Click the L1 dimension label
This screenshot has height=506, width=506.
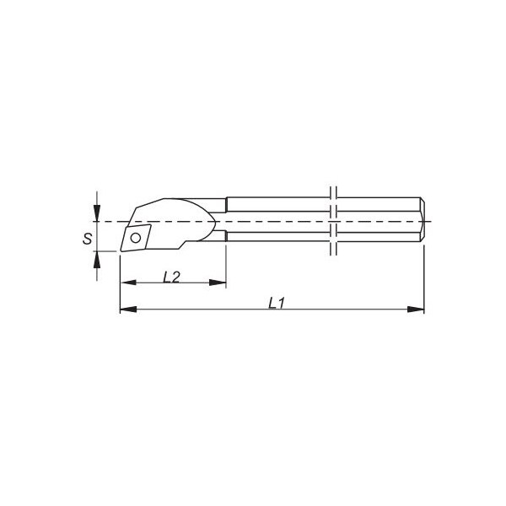[277, 303]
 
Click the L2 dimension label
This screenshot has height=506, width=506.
[171, 277]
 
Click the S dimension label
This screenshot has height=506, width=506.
[87, 239]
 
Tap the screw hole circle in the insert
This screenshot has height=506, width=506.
[136, 239]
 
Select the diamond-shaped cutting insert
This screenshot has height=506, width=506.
[136, 238]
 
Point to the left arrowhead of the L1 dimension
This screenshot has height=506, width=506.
[128, 310]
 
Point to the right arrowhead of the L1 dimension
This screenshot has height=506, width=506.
[416, 310]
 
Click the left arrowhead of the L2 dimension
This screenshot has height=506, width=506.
[128, 283]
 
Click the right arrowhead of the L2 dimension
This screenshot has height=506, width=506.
[218, 283]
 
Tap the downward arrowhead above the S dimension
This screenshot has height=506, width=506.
[97, 213]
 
